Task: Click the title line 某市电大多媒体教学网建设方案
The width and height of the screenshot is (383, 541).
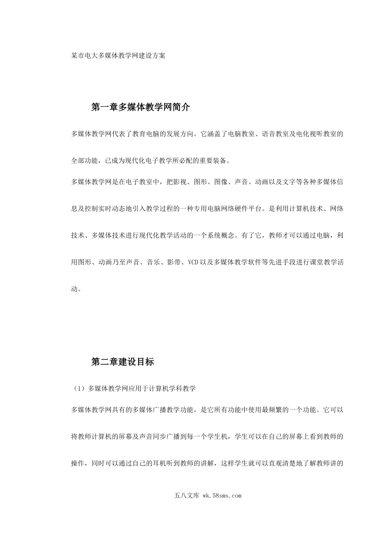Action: coord(118,56)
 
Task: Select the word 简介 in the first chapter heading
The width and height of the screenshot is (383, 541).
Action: coord(180,107)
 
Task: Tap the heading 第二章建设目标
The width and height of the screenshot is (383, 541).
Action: coord(123,362)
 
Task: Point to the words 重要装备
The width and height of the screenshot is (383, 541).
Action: coord(214,161)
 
